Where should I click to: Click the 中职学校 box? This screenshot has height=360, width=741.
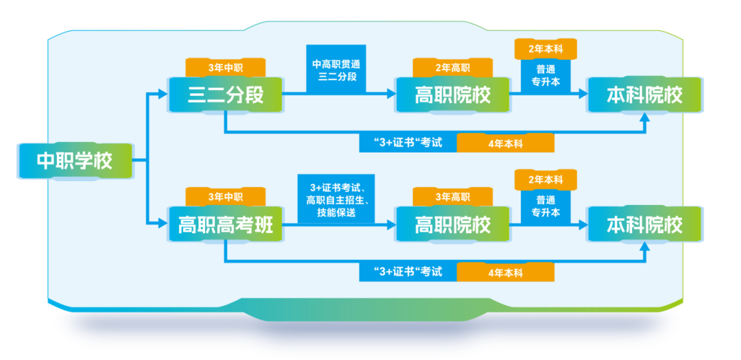[x=74, y=161]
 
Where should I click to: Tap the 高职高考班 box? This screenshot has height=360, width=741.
[x=226, y=225]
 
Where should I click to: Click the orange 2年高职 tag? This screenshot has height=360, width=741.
[x=452, y=68]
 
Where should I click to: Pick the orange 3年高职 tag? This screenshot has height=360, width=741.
[x=452, y=197]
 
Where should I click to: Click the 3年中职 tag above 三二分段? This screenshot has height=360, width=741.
[x=225, y=68]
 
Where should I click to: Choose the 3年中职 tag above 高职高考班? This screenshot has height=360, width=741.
[x=225, y=197]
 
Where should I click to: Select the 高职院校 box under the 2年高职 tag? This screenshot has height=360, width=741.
[x=453, y=95]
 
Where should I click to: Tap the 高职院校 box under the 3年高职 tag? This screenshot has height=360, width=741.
[x=453, y=225]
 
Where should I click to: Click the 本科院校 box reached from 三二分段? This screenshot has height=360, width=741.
[x=644, y=95]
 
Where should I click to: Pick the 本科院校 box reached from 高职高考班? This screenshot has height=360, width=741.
[x=644, y=225]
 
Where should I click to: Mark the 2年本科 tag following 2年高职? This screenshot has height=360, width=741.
[x=545, y=49]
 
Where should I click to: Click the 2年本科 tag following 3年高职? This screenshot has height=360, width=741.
[x=545, y=180]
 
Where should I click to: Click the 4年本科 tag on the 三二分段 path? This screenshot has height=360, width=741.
[x=505, y=143]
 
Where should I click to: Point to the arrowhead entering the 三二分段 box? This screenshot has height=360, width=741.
[x=163, y=95]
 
